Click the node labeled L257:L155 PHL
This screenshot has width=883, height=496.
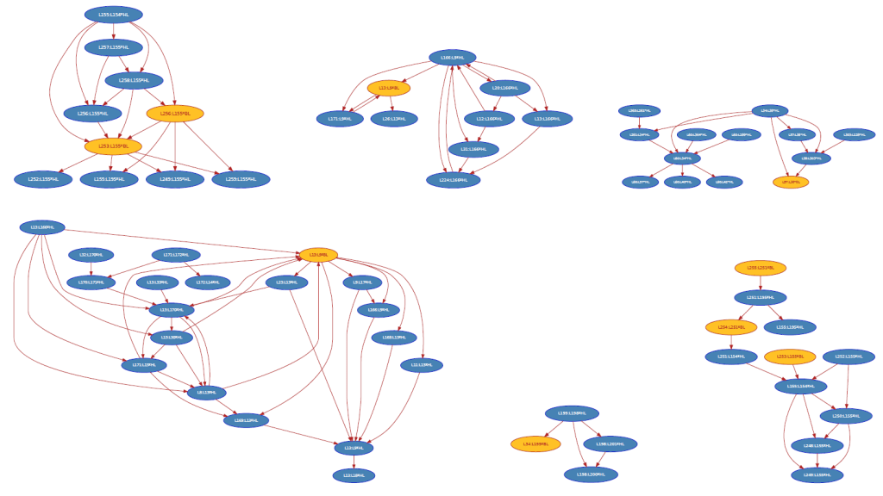click(114, 47)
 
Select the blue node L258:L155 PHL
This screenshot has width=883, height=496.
click(134, 80)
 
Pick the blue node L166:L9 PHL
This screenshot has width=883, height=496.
click(452, 58)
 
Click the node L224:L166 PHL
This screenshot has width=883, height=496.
click(453, 180)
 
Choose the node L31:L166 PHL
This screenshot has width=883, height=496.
click(473, 150)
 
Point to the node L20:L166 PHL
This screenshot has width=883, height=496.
click(504, 87)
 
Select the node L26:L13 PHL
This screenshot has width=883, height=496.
click(394, 119)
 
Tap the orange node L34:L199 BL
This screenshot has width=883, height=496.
click(535, 444)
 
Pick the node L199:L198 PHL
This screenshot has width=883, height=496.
click(572, 413)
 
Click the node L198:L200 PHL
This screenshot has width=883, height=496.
click(591, 474)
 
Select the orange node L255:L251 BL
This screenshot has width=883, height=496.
click(760, 268)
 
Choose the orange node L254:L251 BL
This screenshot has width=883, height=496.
click(730, 327)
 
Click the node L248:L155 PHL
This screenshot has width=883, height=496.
click(810, 445)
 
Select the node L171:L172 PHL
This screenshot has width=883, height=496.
click(175, 255)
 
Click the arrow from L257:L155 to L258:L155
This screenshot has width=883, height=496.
click(124, 64)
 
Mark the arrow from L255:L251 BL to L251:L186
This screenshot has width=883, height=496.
click(760, 282)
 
